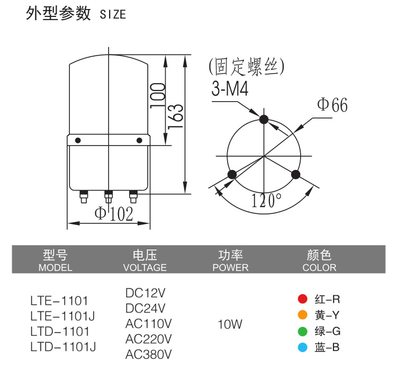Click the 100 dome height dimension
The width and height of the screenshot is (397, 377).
coord(157,94)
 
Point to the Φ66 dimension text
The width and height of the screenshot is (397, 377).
coord(332,105)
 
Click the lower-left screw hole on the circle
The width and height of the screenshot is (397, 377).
coord(231,174)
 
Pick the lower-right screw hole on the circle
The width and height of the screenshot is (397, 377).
coord(296,174)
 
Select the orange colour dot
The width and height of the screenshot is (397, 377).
coord(303,316)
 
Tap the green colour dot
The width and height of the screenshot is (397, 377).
coord(303,331)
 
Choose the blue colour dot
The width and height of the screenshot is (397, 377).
coord(303,347)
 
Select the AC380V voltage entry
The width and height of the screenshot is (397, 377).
coord(149,354)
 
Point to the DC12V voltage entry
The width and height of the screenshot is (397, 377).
coord(146,293)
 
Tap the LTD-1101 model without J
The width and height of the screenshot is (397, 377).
coord(59,332)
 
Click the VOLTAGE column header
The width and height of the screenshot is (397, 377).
coord(145,267)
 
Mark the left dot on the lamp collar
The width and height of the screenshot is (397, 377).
coord(78,140)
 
